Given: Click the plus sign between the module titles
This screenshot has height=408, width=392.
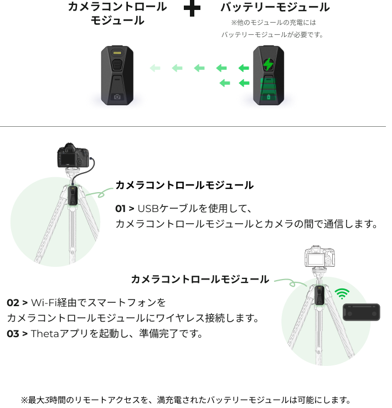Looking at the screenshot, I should pyautogui.click(x=192, y=9).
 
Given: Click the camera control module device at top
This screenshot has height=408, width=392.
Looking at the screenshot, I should pyautogui.click(x=117, y=75).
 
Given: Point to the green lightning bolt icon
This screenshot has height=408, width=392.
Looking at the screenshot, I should pyautogui.click(x=268, y=65).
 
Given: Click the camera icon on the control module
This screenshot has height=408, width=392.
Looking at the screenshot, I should pyautogui.click(x=117, y=96).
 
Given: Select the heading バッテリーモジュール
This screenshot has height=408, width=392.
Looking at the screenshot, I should pyautogui.click(x=275, y=8).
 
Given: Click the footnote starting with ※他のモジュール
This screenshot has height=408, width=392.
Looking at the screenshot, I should pyautogui.click(x=272, y=29).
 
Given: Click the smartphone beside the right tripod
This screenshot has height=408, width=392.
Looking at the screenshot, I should pyautogui.click(x=361, y=312).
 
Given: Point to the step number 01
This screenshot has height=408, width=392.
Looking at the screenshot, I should pyautogui.click(x=120, y=209).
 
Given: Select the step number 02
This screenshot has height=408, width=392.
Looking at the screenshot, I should pyautogui.click(x=13, y=303).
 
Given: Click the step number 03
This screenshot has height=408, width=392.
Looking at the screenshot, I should pyautogui.click(x=13, y=334).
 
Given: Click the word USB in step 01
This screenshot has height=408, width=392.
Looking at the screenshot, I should pyautogui.click(x=147, y=209).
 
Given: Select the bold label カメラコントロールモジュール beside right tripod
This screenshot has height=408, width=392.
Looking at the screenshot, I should pyautogui.click(x=199, y=279).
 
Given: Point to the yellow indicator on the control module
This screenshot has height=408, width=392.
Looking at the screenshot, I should pyautogui.click(x=117, y=53).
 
